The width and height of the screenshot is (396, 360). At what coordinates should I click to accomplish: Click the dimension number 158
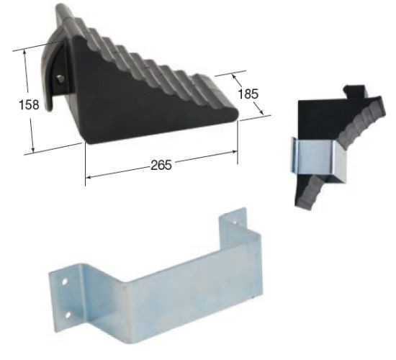pos(29,104)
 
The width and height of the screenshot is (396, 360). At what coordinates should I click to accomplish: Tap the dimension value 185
pos(248,94)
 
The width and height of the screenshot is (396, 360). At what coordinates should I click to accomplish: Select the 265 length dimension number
pos(161,165)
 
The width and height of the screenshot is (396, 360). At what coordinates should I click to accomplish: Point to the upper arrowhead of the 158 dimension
pos(25,52)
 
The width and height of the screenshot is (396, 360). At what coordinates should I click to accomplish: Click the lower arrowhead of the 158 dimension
pos(32,150)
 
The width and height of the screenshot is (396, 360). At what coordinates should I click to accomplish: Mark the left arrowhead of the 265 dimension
pos(88,177)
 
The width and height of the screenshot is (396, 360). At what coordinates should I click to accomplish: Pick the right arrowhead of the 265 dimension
pos(235,152)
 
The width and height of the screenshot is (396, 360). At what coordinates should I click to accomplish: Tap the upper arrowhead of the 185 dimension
pos(234,76)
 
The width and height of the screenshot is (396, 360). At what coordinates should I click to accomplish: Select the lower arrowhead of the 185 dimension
pos(261,112)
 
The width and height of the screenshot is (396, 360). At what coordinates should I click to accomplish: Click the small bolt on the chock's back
pos(60,78)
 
